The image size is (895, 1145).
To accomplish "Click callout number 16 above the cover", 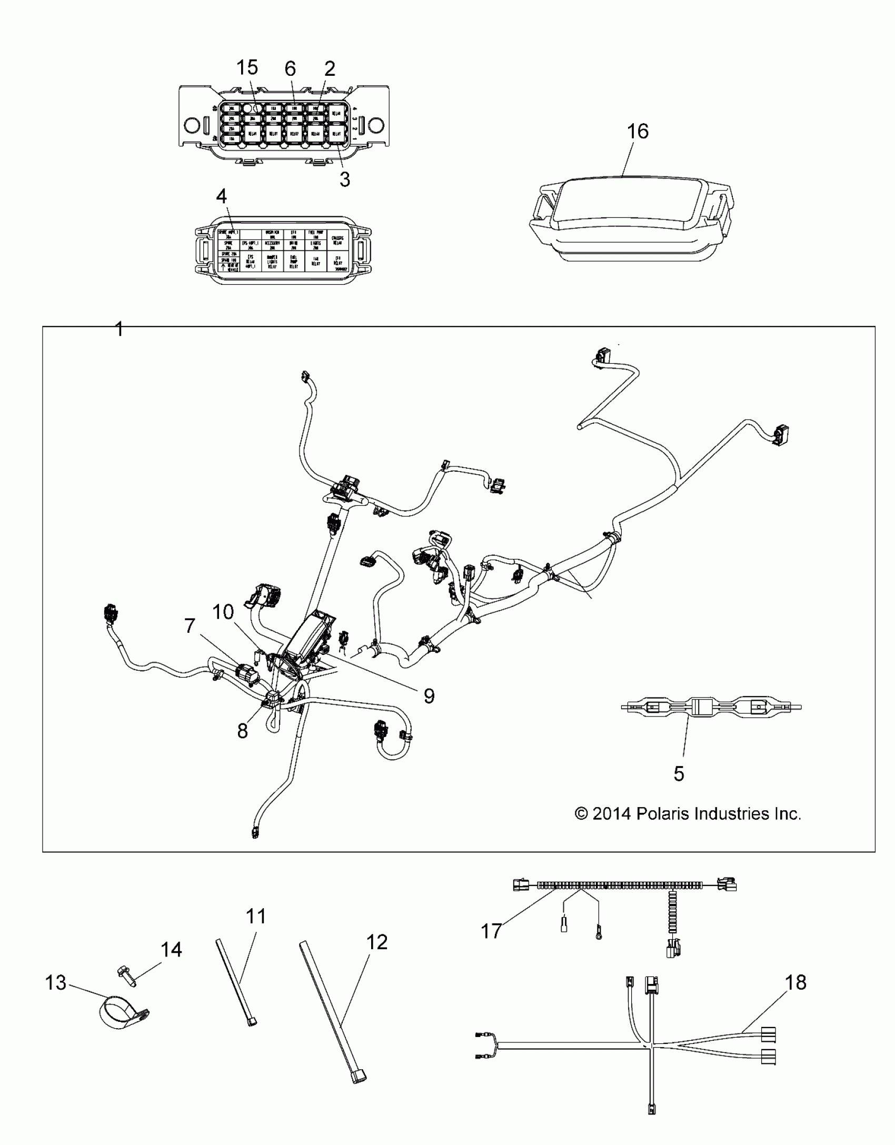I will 638,131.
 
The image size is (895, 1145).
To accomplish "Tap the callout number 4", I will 222,196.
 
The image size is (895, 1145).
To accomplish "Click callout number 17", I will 491,931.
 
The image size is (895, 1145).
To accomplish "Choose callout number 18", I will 795,982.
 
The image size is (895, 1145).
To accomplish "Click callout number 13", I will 56,982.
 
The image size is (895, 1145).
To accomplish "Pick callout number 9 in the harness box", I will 429,696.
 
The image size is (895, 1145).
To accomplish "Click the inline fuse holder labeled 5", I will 711,707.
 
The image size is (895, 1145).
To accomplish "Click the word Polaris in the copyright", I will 663,814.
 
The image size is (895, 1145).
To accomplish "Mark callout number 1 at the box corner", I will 119,330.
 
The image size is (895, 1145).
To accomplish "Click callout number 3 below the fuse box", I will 344,179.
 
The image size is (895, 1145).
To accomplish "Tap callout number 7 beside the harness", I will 190,626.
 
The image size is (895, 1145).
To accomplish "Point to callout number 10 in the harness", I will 223,612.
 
